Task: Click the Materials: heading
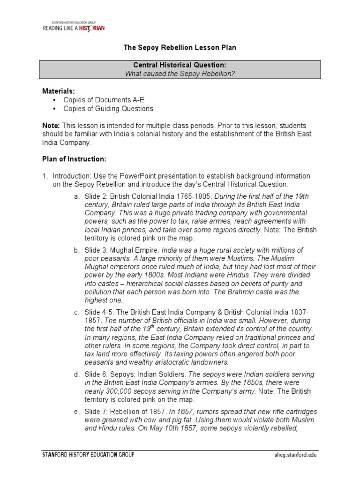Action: tap(59, 91)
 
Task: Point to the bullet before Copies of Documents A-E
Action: tap(55, 100)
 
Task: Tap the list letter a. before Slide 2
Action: tap(76, 196)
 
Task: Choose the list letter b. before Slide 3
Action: tap(76, 250)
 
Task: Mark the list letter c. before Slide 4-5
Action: tap(76, 312)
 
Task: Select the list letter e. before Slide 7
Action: tap(76, 412)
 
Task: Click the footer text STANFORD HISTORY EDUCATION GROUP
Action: tap(88, 455)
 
